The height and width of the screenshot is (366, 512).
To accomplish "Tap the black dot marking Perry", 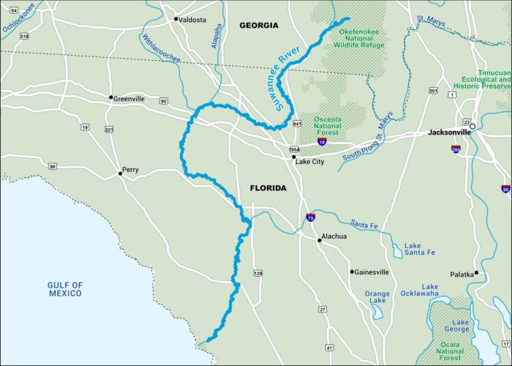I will click(121, 173).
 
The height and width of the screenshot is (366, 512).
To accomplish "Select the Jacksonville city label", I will click(448, 132).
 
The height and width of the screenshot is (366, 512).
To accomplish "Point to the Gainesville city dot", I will click(352, 272).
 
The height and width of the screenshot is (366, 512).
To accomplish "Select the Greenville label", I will click(129, 98).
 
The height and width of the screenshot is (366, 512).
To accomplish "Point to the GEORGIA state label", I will click(259, 26).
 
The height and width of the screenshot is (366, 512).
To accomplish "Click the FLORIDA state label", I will click(268, 188).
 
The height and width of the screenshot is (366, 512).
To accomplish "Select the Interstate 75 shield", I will click(311, 217).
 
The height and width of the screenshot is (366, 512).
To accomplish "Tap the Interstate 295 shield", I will click(456, 149).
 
